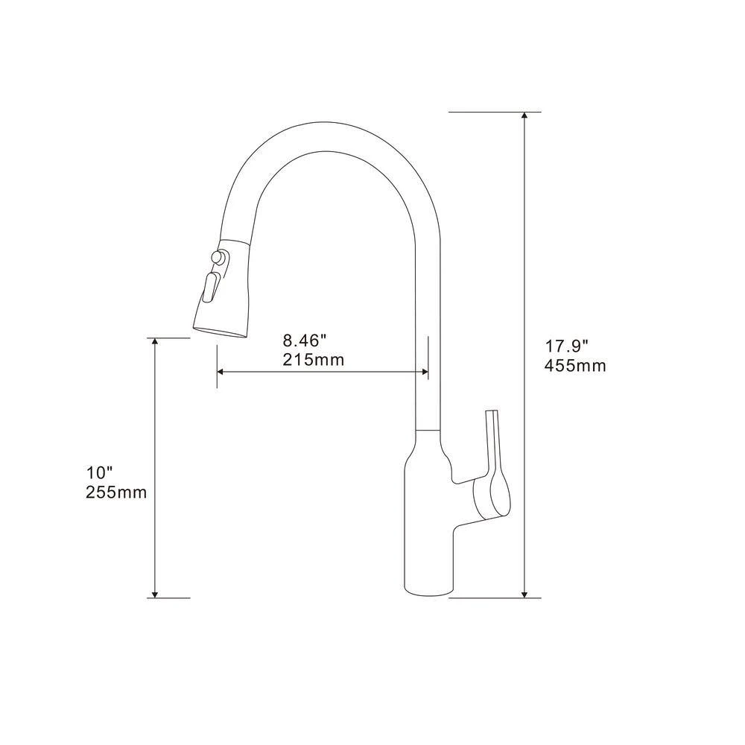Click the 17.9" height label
567,346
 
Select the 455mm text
575,366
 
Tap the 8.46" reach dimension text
305,341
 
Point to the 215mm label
313,361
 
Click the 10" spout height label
99,472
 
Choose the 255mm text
115,492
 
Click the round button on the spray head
218,258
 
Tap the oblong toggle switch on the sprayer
211,288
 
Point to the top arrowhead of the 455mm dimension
526,118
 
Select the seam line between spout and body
428,431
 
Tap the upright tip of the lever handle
491,414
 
